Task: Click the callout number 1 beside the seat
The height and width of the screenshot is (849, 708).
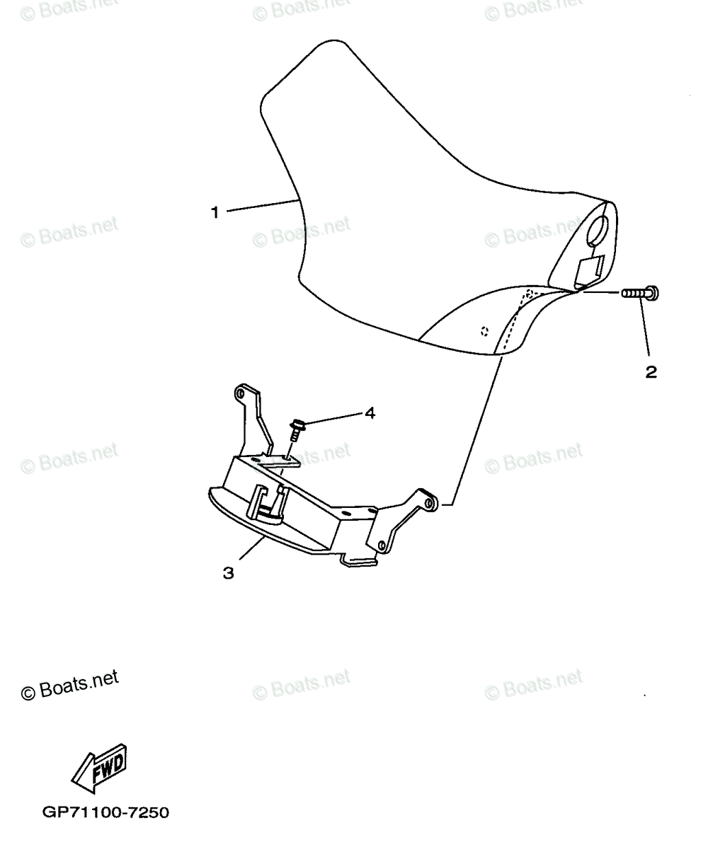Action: [215, 211]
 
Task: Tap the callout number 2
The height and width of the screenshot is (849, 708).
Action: [651, 371]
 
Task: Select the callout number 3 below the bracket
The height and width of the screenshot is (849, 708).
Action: [228, 573]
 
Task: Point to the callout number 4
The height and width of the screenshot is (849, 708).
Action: [369, 413]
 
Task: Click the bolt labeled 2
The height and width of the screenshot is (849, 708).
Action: [641, 292]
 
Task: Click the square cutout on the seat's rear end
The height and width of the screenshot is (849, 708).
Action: [589, 270]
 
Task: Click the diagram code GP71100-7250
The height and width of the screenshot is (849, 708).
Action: [105, 813]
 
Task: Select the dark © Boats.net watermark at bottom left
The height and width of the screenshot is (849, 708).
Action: [69, 685]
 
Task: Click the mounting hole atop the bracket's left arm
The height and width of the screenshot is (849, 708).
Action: [240, 391]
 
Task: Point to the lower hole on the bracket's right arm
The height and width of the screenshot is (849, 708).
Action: [382, 544]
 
